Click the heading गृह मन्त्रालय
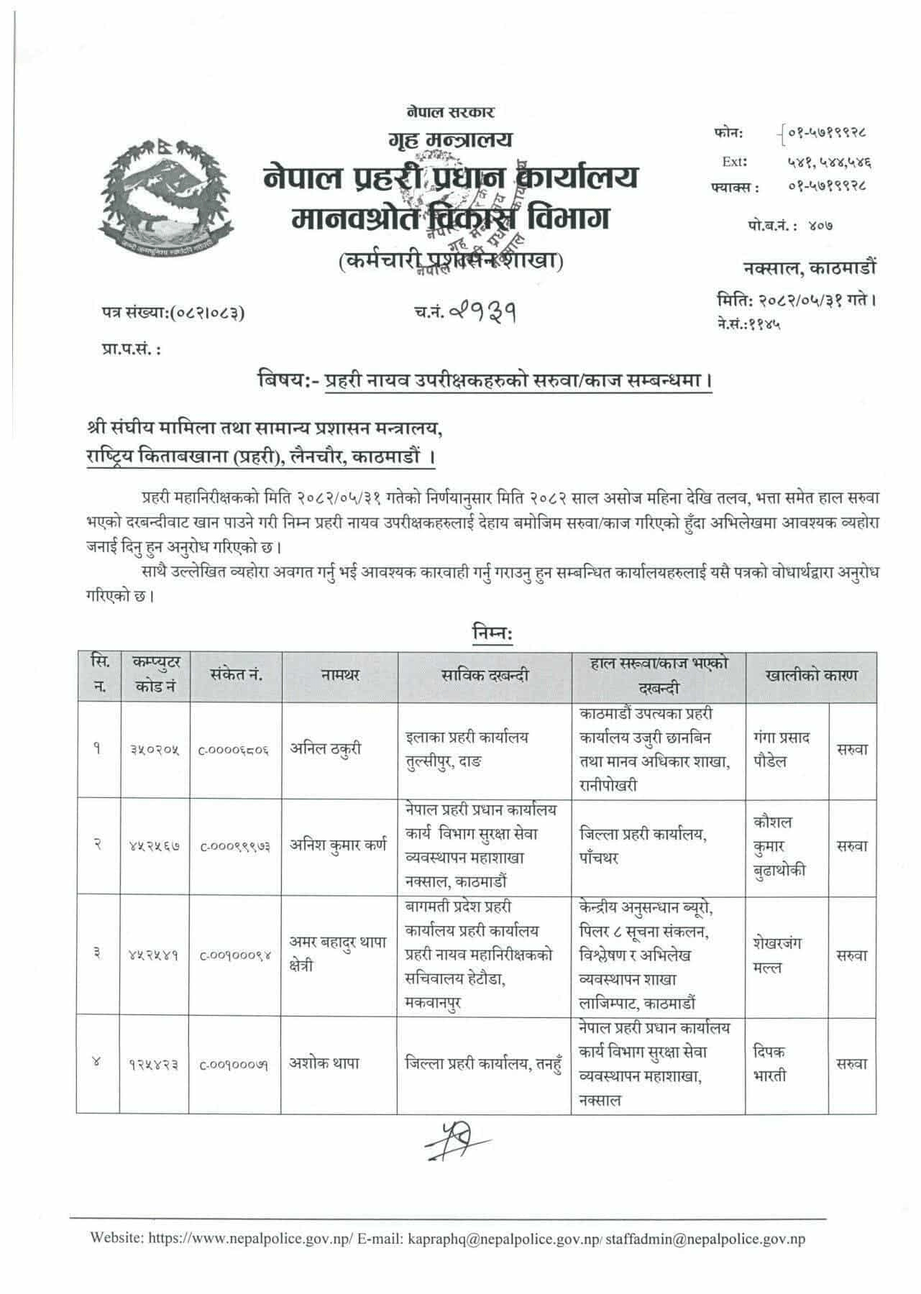click(450, 139)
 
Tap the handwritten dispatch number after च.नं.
click(483, 311)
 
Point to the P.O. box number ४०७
click(818, 226)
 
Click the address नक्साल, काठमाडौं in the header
click(810, 268)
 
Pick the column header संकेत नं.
click(236, 676)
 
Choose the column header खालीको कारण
click(811, 676)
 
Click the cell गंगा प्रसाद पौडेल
click(782, 749)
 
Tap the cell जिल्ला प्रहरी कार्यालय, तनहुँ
click(482, 1063)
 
